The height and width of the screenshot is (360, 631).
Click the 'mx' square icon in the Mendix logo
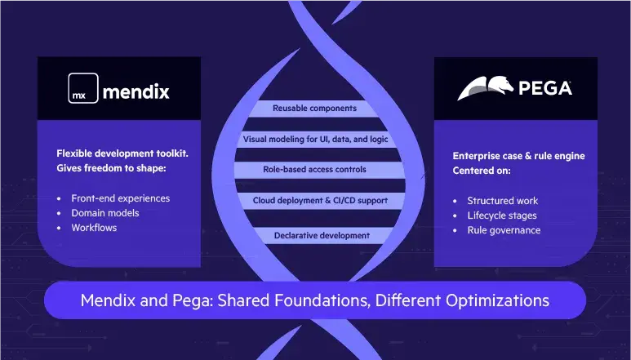pyautogui.click(x=82, y=90)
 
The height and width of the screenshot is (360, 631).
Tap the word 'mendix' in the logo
pyautogui.click(x=136, y=91)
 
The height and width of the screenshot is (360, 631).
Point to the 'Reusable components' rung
pyautogui.click(x=314, y=108)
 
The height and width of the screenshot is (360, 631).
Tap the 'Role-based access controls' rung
pyautogui.click(x=314, y=170)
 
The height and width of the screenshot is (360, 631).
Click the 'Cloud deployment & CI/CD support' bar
pyautogui.click(x=314, y=201)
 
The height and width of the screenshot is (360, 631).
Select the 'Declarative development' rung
pyautogui.click(x=315, y=236)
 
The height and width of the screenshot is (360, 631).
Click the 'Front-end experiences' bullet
pyautogui.click(x=120, y=198)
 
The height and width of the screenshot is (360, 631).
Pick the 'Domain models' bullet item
pyautogui.click(x=104, y=213)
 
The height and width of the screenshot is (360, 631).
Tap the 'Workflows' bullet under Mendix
pyautogui.click(x=94, y=228)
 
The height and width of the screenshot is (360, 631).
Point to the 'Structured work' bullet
pyautogui.click(x=502, y=201)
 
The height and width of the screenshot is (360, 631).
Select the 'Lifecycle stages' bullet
pyautogui.click(x=502, y=216)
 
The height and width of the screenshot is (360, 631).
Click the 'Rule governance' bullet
pyautogui.click(x=504, y=230)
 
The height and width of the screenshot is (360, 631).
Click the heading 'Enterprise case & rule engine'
pyautogui.click(x=519, y=156)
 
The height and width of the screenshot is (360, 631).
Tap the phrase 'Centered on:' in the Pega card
pyautogui.click(x=482, y=171)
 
